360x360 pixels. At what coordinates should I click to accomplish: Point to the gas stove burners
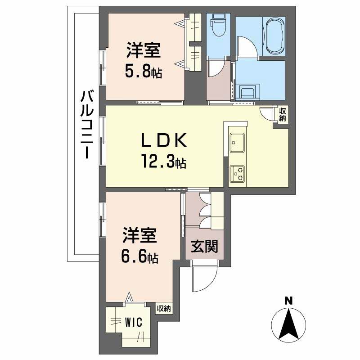(237, 174)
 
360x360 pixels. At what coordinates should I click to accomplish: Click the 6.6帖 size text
(139, 257)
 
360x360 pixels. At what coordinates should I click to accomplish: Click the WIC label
(134, 322)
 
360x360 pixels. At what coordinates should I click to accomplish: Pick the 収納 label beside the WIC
(164, 308)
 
